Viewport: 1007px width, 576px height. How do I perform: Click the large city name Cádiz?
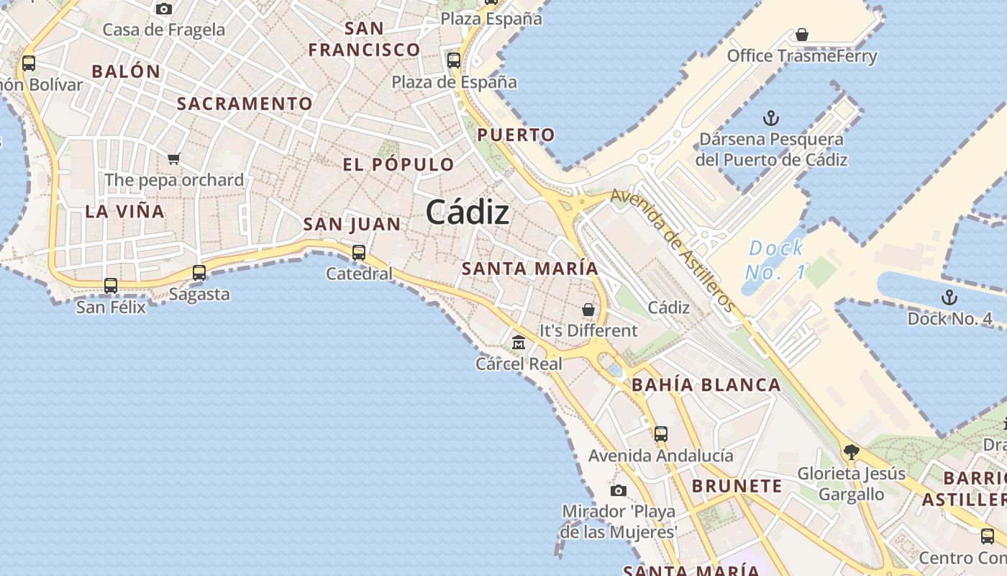468,212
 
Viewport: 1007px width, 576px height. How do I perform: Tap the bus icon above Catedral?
358,253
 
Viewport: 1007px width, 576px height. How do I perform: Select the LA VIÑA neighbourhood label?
125,212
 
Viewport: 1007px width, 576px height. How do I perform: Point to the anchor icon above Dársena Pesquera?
771,117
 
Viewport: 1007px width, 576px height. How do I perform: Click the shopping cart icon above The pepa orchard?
173,158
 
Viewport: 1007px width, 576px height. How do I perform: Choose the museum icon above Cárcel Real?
518,343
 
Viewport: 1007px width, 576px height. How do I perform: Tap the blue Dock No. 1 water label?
775,260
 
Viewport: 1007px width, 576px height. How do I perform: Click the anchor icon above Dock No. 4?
949,297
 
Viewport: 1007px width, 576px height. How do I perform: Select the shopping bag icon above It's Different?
588,310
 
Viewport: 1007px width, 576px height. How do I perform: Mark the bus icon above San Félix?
111,285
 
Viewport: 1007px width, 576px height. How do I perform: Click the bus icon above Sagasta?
199,273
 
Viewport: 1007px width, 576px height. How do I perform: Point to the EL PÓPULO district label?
398,165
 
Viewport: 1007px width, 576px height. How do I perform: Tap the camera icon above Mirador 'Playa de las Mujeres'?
618,490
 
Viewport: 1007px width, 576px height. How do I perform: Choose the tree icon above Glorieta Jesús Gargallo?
852,452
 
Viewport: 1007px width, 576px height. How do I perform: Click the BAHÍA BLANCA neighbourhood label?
706,385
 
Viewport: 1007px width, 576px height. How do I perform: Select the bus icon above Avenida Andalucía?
661,434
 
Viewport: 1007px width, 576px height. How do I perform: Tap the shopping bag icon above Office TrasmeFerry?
802,35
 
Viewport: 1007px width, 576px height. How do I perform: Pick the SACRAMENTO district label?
245,104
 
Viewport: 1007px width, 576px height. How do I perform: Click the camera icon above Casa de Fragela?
164,9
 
